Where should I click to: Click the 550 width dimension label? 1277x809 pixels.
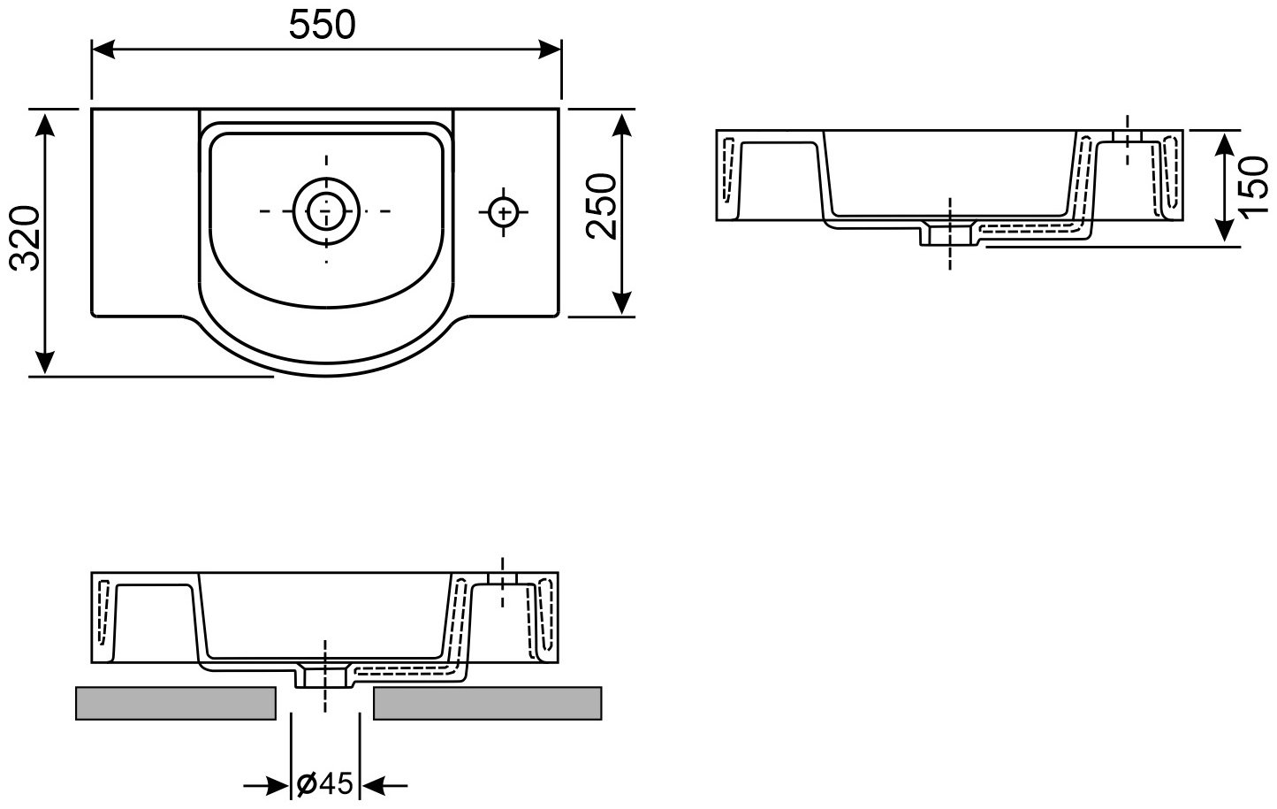coord(322,25)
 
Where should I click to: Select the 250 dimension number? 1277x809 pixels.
coord(602,207)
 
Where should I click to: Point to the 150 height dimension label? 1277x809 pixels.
coord(1254,187)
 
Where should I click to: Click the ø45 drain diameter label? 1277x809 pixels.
coord(325,784)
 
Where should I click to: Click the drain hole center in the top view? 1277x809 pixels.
coord(326,211)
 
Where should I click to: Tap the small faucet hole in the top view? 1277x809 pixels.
coord(504,212)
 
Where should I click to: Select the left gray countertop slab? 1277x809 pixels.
coord(176,703)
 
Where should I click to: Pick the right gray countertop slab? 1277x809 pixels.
coord(488,703)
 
